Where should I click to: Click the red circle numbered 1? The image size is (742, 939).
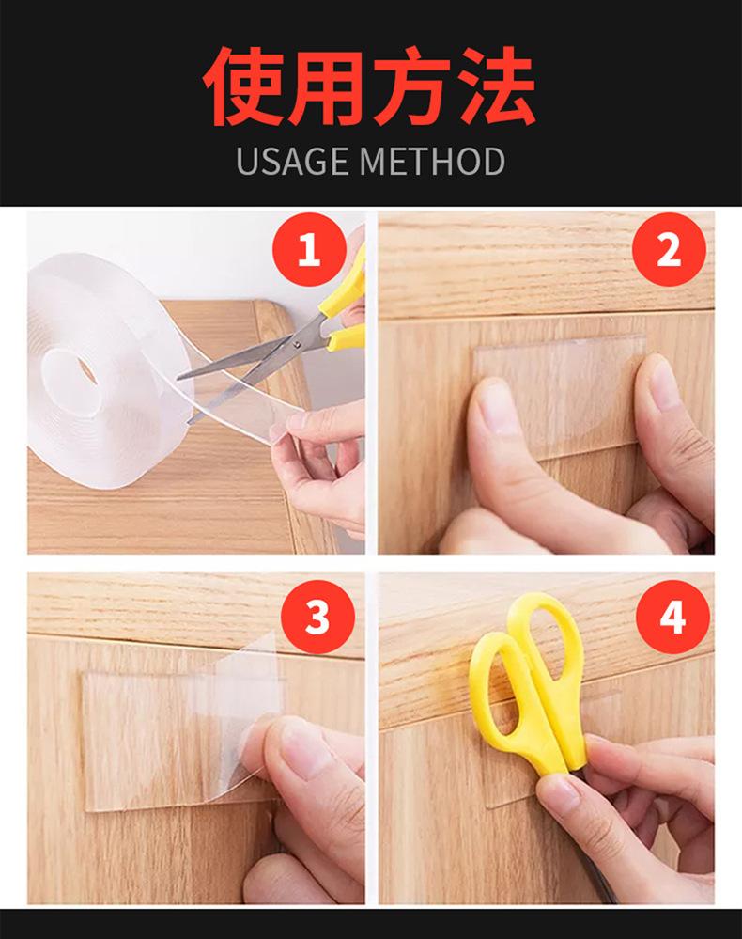click(x=309, y=249)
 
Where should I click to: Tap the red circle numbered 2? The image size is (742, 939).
click(x=669, y=249)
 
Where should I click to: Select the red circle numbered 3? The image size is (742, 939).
click(x=317, y=617)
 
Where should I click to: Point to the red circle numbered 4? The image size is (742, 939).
click(x=672, y=617)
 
